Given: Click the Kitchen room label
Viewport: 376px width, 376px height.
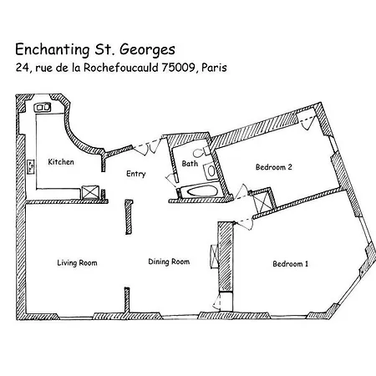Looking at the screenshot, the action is click(x=61, y=162).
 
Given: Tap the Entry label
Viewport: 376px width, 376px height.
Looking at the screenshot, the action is click(x=136, y=174).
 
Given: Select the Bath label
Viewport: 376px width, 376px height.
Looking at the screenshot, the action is click(x=190, y=163).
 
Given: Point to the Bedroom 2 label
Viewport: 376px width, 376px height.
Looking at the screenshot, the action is click(x=274, y=167).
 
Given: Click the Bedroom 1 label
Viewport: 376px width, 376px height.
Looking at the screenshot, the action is click(x=291, y=264).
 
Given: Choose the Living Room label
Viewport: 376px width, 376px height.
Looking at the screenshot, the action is click(x=77, y=263).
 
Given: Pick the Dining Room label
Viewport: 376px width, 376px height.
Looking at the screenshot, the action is click(x=169, y=262).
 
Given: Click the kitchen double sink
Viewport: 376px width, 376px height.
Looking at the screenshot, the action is click(x=43, y=107).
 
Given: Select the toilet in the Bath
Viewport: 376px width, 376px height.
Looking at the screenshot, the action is click(x=201, y=152).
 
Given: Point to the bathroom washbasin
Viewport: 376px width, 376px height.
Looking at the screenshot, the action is click(x=211, y=171).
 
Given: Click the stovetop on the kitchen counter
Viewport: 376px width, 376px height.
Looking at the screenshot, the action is click(x=31, y=167).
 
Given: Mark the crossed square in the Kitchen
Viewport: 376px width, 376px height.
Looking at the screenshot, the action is click(x=90, y=192).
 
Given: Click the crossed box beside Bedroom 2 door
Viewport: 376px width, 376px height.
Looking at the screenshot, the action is click(x=262, y=201).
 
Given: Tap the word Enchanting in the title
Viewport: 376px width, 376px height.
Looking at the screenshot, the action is click(x=53, y=50).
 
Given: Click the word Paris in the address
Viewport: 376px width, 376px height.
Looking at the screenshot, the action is click(x=214, y=68).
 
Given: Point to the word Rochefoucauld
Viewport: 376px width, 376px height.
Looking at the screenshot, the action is click(x=121, y=68).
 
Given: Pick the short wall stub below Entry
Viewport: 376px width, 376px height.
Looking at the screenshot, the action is click(x=129, y=217).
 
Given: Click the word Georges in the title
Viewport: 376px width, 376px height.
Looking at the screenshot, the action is click(x=147, y=50).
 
